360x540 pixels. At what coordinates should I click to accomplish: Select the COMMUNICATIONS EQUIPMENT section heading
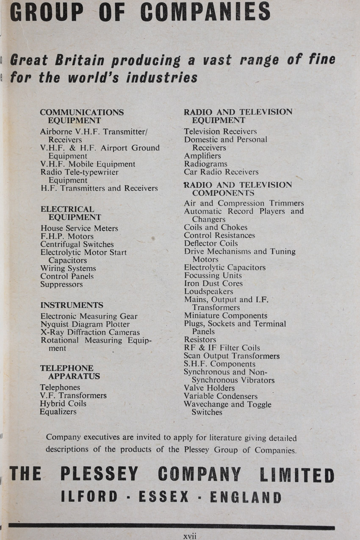[x=82, y=116]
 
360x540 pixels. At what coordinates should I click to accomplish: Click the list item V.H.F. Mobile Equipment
[x=88, y=164]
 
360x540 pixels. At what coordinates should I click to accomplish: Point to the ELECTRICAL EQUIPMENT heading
[x=71, y=213]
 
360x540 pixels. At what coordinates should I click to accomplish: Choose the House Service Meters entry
[x=79, y=228]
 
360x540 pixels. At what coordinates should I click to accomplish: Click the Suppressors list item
[x=61, y=284]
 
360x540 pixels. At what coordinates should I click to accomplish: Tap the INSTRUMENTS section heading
[x=72, y=305]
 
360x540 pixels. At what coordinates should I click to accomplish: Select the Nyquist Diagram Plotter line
[x=85, y=324]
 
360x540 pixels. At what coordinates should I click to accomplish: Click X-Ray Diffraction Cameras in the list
[x=90, y=332]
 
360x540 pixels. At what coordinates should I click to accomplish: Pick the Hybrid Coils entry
[x=63, y=404]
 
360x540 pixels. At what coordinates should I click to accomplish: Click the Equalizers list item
[x=58, y=412]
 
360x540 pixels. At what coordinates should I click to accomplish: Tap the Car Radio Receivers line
[x=221, y=172]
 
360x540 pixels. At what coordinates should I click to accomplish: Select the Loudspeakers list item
[x=208, y=291]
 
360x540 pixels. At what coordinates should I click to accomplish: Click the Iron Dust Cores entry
[x=213, y=283]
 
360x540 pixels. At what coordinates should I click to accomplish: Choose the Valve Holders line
[x=209, y=388]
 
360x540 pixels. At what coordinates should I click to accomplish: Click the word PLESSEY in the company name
[x=99, y=474]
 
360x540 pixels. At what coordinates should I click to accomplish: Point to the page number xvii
[x=190, y=536]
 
